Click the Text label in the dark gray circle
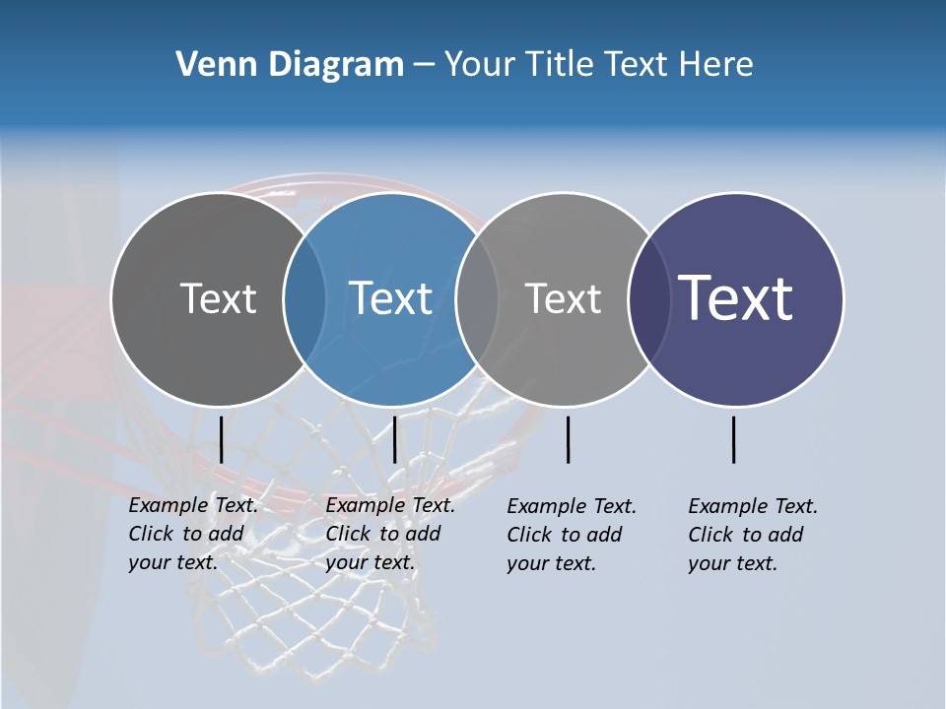pos(218,298)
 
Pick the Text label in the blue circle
pos(391,298)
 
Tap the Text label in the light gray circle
pos(564,298)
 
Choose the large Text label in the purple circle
pos(736,298)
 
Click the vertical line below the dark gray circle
pos(221,439)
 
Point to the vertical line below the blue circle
pos(394,439)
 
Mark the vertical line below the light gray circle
pos(568,439)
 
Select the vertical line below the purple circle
pos(733,439)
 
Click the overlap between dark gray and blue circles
pos(304,299)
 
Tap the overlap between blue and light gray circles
pos(477,299)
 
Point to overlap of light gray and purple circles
pos(649,299)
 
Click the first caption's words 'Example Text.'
pos(193,505)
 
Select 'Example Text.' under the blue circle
pos(390,505)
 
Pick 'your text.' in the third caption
pos(552,564)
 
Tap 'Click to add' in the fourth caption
pos(746,535)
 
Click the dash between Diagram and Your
pos(424,65)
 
